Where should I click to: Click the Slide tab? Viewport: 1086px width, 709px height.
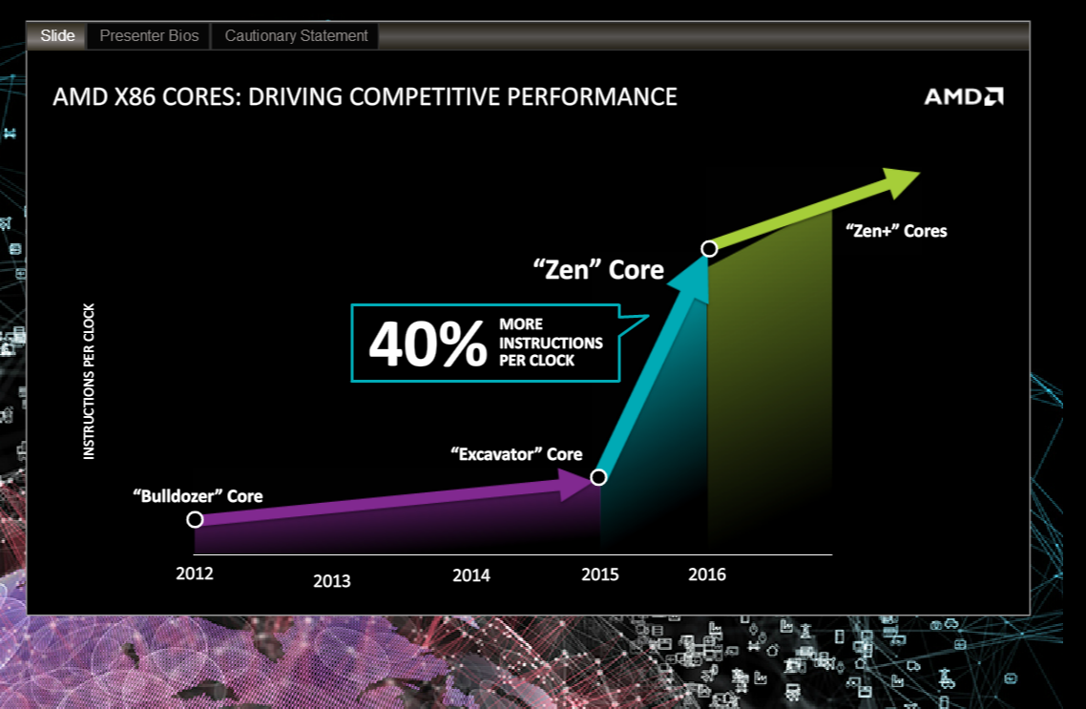pyautogui.click(x=57, y=36)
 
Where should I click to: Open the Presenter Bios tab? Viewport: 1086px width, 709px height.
pyautogui.click(x=149, y=36)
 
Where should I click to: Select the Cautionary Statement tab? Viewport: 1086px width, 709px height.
pyautogui.click(x=296, y=36)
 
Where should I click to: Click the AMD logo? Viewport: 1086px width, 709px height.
pyautogui.click(x=963, y=97)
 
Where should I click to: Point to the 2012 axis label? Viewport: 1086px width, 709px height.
pyautogui.click(x=195, y=573)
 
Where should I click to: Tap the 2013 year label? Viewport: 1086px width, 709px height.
pyautogui.click(x=331, y=580)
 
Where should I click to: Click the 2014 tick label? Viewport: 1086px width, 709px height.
pyautogui.click(x=470, y=574)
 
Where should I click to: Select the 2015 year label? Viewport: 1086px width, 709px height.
pyautogui.click(x=600, y=573)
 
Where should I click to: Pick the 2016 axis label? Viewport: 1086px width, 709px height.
pyautogui.click(x=707, y=573)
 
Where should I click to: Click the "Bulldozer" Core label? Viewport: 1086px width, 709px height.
pyautogui.click(x=198, y=496)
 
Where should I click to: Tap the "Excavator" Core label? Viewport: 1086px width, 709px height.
pyautogui.click(x=515, y=454)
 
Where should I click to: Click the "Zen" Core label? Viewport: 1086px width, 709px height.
pyautogui.click(x=597, y=270)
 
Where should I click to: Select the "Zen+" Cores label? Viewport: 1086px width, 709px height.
pyautogui.click(x=896, y=231)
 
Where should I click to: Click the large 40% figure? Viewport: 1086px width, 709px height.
pyautogui.click(x=427, y=344)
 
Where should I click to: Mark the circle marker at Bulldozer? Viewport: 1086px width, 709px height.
pyautogui.click(x=195, y=519)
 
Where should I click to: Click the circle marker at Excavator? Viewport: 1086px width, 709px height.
pyautogui.click(x=598, y=477)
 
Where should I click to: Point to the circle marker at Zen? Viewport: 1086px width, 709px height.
pyautogui.click(x=709, y=249)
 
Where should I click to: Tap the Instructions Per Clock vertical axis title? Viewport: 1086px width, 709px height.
pyautogui.click(x=90, y=382)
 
